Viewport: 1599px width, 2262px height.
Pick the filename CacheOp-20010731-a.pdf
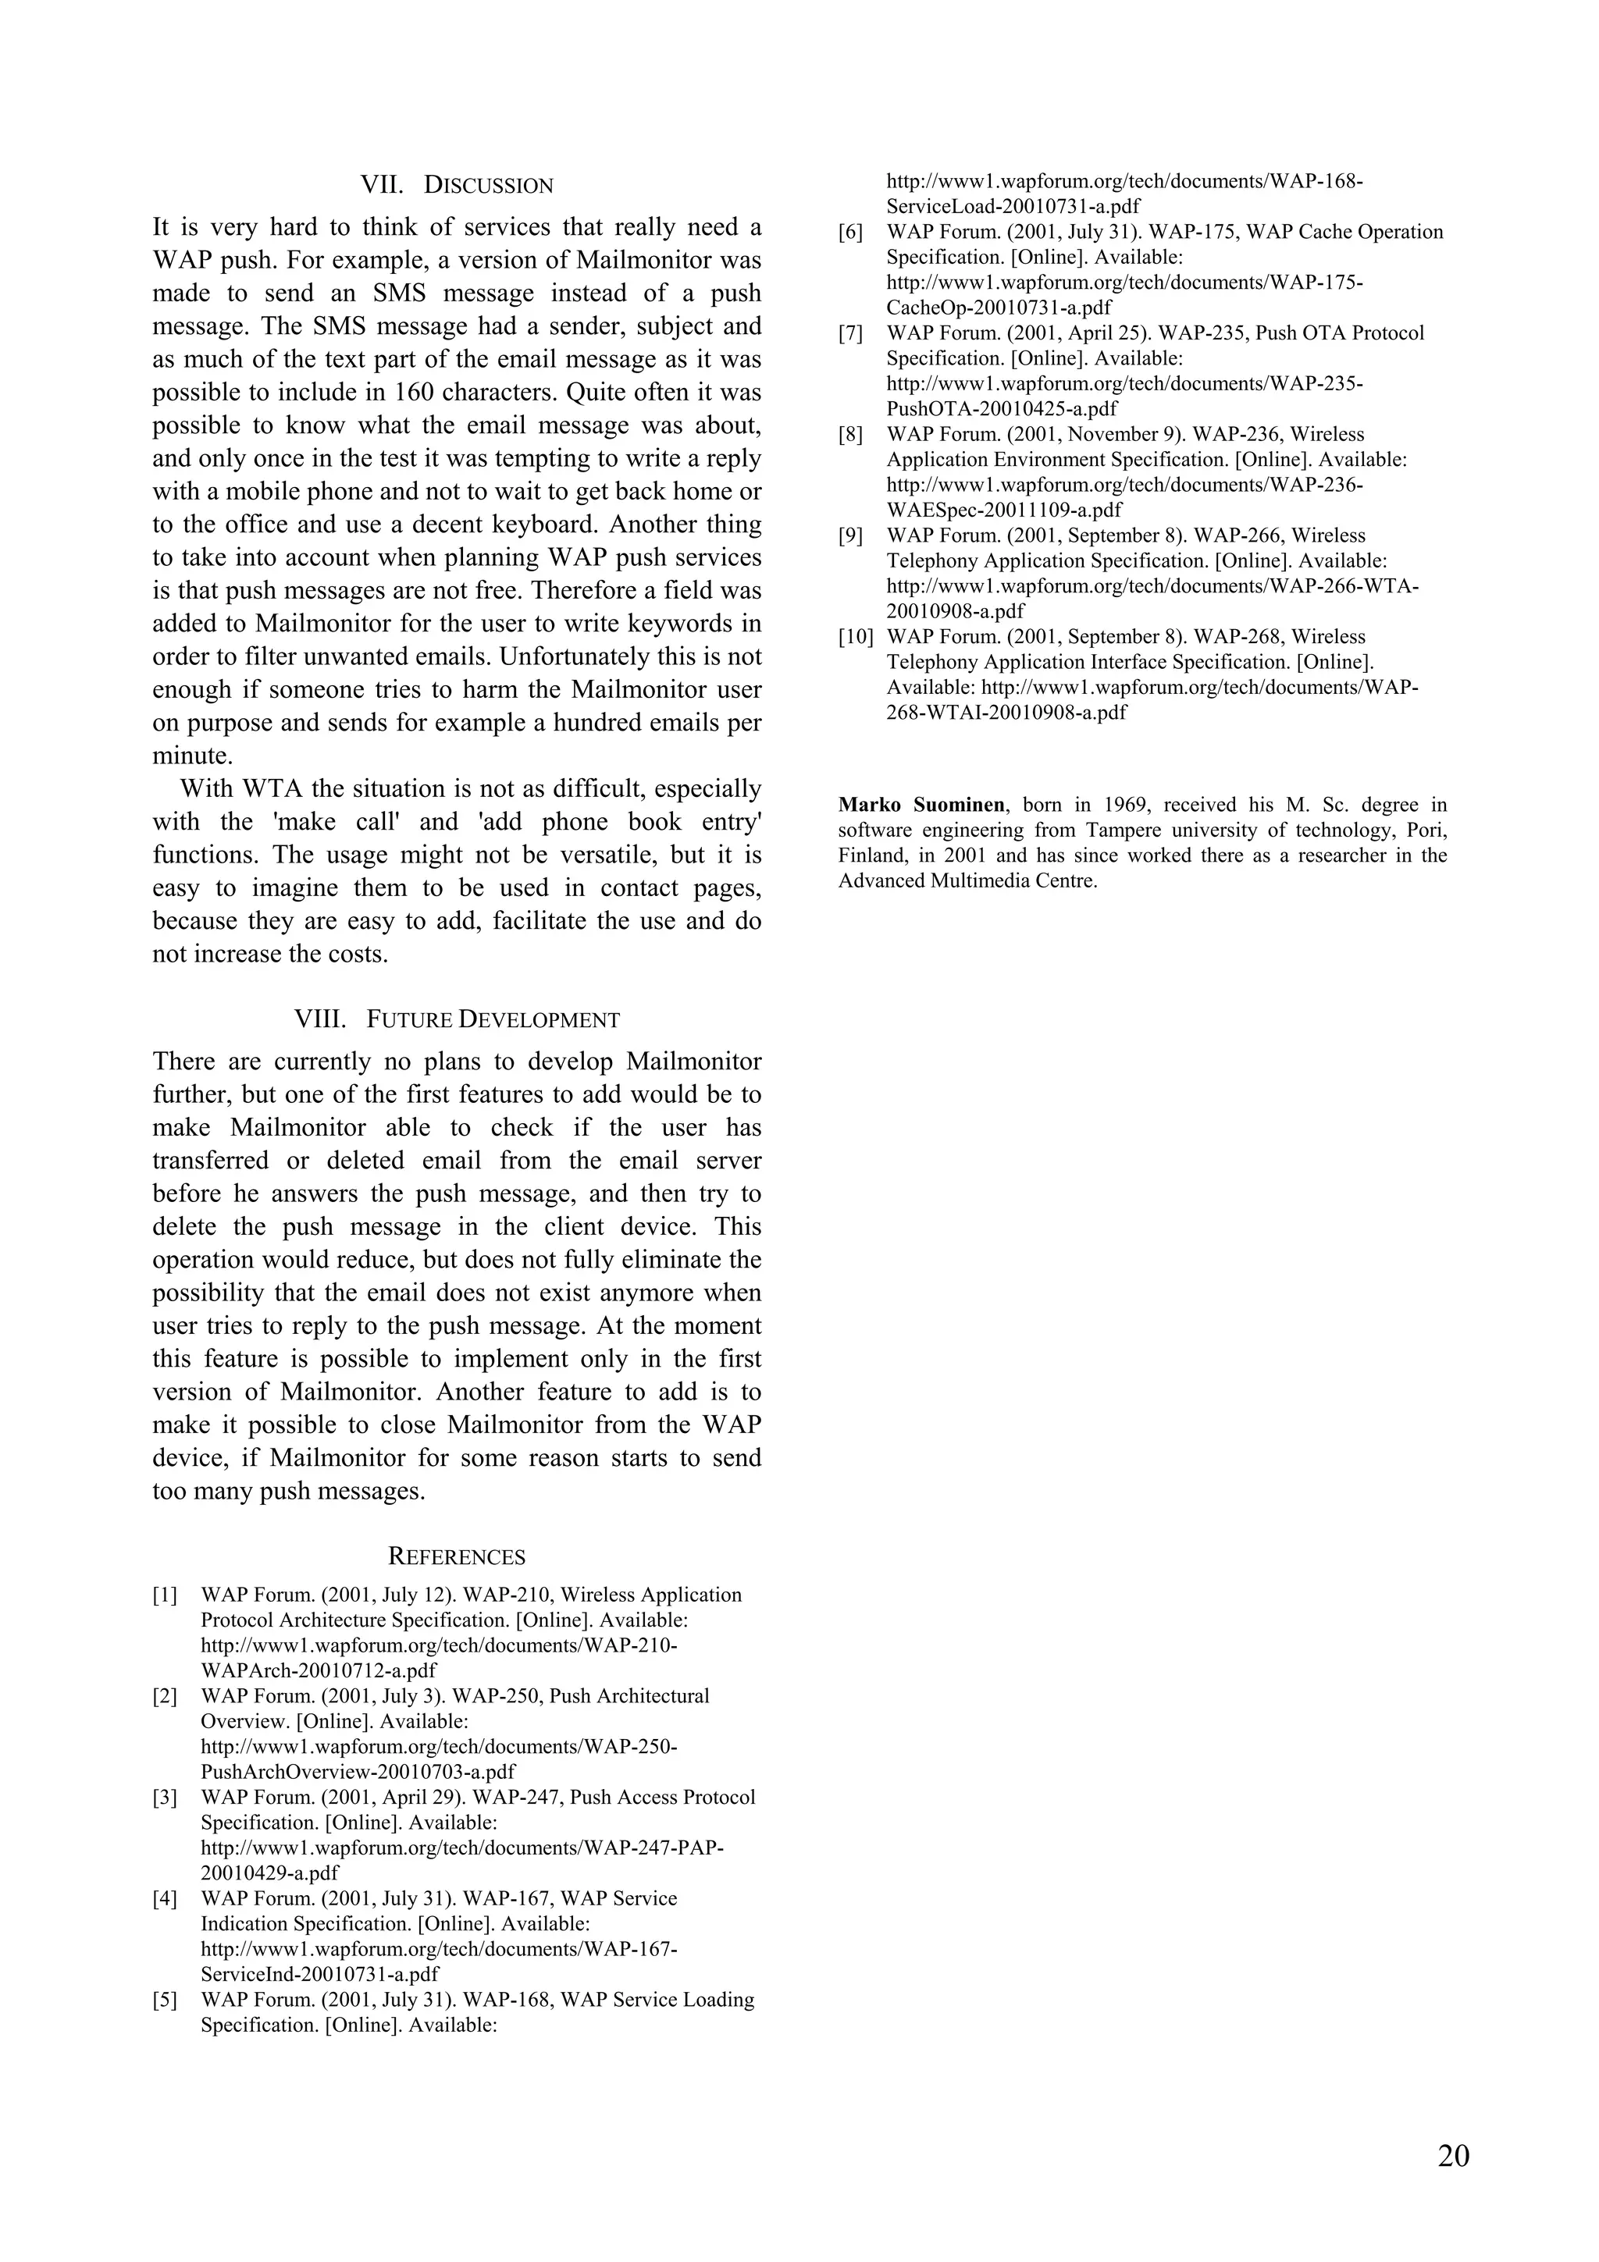998,308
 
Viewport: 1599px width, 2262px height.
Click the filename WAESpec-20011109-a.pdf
1004,510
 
